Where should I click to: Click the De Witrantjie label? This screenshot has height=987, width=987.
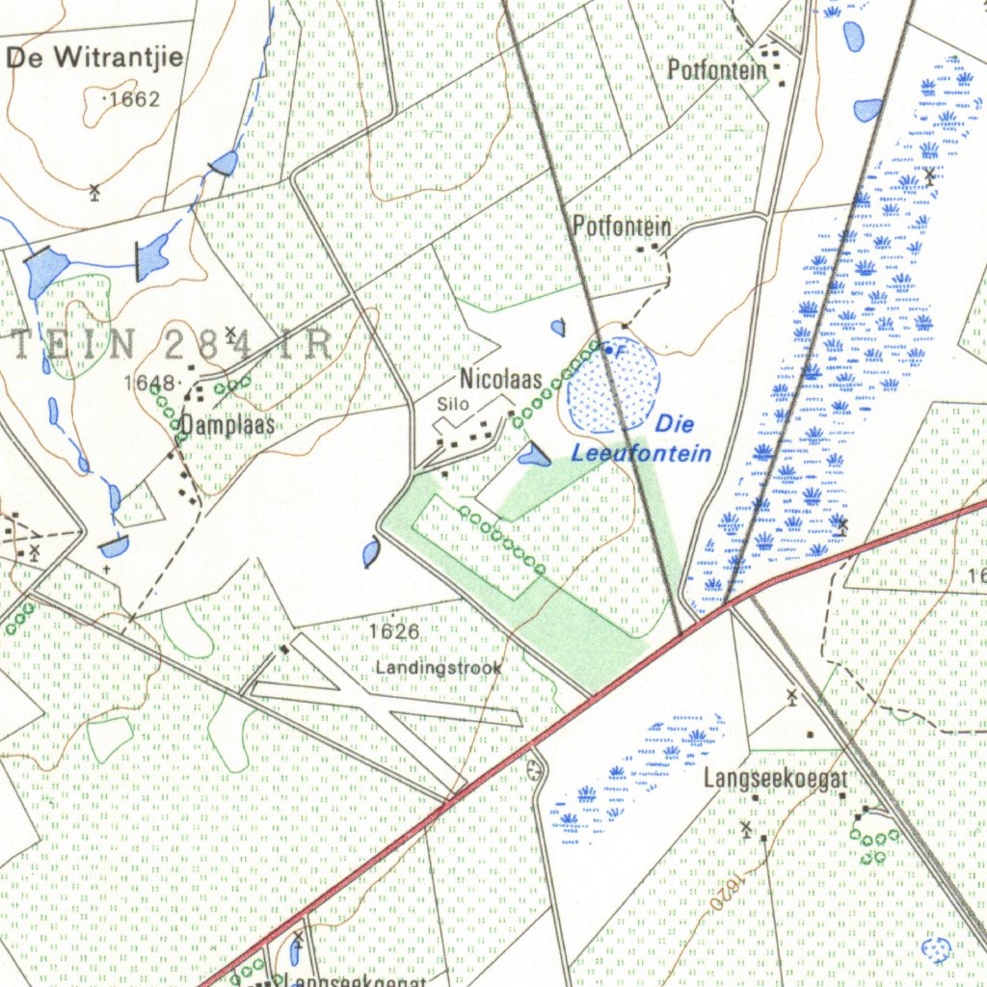tap(94, 58)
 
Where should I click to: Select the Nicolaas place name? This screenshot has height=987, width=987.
tap(500, 379)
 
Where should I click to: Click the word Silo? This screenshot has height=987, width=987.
tap(452, 404)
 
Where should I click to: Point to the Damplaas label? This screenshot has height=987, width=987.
tap(228, 425)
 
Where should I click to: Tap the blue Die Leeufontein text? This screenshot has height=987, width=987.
tap(644, 439)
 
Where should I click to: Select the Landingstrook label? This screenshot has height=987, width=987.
tap(439, 667)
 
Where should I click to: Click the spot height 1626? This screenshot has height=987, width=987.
tap(394, 632)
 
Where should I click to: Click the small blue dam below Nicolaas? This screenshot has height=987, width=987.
tap(532, 455)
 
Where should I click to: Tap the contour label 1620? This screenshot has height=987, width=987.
tap(730, 893)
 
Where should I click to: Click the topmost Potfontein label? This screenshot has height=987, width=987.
tap(717, 69)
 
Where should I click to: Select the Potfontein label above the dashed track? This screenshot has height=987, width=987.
tap(621, 227)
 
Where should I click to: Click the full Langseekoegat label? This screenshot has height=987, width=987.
tap(776, 778)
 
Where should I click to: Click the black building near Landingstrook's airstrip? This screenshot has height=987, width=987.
tap(284, 650)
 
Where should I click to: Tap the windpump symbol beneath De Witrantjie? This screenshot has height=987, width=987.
tap(94, 191)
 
